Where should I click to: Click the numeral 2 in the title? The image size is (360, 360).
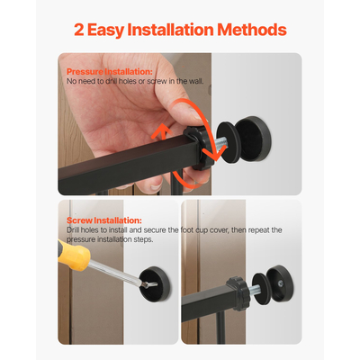tap(79, 30)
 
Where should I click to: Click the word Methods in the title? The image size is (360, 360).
tap(252, 30)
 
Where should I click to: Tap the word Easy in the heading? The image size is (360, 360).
tap(105, 31)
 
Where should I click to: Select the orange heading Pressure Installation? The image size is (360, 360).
tap(110, 72)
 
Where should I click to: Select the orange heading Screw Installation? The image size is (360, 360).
tap(104, 220)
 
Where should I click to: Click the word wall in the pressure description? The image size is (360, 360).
tap(195, 81)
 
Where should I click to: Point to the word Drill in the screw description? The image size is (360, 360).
tap(73, 230)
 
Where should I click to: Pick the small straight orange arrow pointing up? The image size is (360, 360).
tap(162, 131)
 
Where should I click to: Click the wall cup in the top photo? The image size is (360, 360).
tap(253, 139)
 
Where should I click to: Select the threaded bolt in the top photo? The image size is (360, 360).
tap(220, 144)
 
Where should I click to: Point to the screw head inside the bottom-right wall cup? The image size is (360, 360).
tap(280, 283)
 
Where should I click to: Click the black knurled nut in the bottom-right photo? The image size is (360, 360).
tap(238, 294)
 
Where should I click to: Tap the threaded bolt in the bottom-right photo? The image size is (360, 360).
tap(254, 290)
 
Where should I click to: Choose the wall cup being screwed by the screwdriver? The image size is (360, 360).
tap(155, 284)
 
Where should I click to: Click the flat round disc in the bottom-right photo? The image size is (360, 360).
tap(260, 288)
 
